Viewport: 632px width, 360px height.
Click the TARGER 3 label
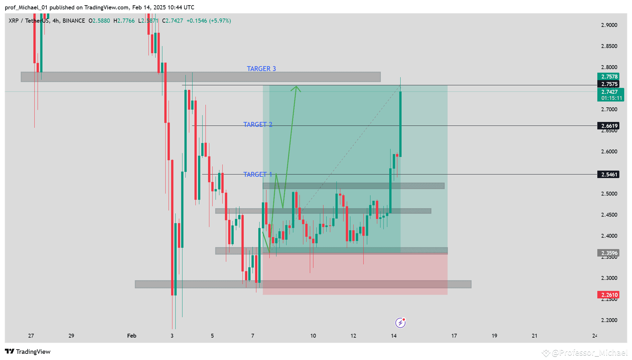(x=261, y=69)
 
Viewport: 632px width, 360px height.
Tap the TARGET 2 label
(x=258, y=125)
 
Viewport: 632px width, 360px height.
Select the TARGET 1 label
(x=258, y=174)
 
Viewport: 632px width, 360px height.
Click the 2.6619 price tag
(x=608, y=126)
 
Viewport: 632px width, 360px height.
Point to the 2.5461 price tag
(x=608, y=174)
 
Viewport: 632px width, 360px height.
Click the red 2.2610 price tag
(x=608, y=295)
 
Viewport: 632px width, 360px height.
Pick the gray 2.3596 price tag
(x=608, y=253)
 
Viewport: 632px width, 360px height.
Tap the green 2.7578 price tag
(x=608, y=77)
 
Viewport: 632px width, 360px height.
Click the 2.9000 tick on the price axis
(x=609, y=25)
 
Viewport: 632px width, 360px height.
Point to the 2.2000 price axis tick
(x=609, y=320)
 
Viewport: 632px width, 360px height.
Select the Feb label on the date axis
(x=132, y=336)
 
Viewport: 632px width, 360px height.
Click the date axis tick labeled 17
(x=454, y=336)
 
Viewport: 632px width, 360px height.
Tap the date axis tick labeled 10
(x=313, y=336)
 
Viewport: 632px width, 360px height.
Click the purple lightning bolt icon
(x=400, y=323)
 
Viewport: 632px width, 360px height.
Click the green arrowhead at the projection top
(x=296, y=88)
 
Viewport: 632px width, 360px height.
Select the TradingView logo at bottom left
(x=28, y=352)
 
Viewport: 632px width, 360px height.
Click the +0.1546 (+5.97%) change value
(x=209, y=21)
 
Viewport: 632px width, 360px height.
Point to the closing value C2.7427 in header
(x=172, y=21)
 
